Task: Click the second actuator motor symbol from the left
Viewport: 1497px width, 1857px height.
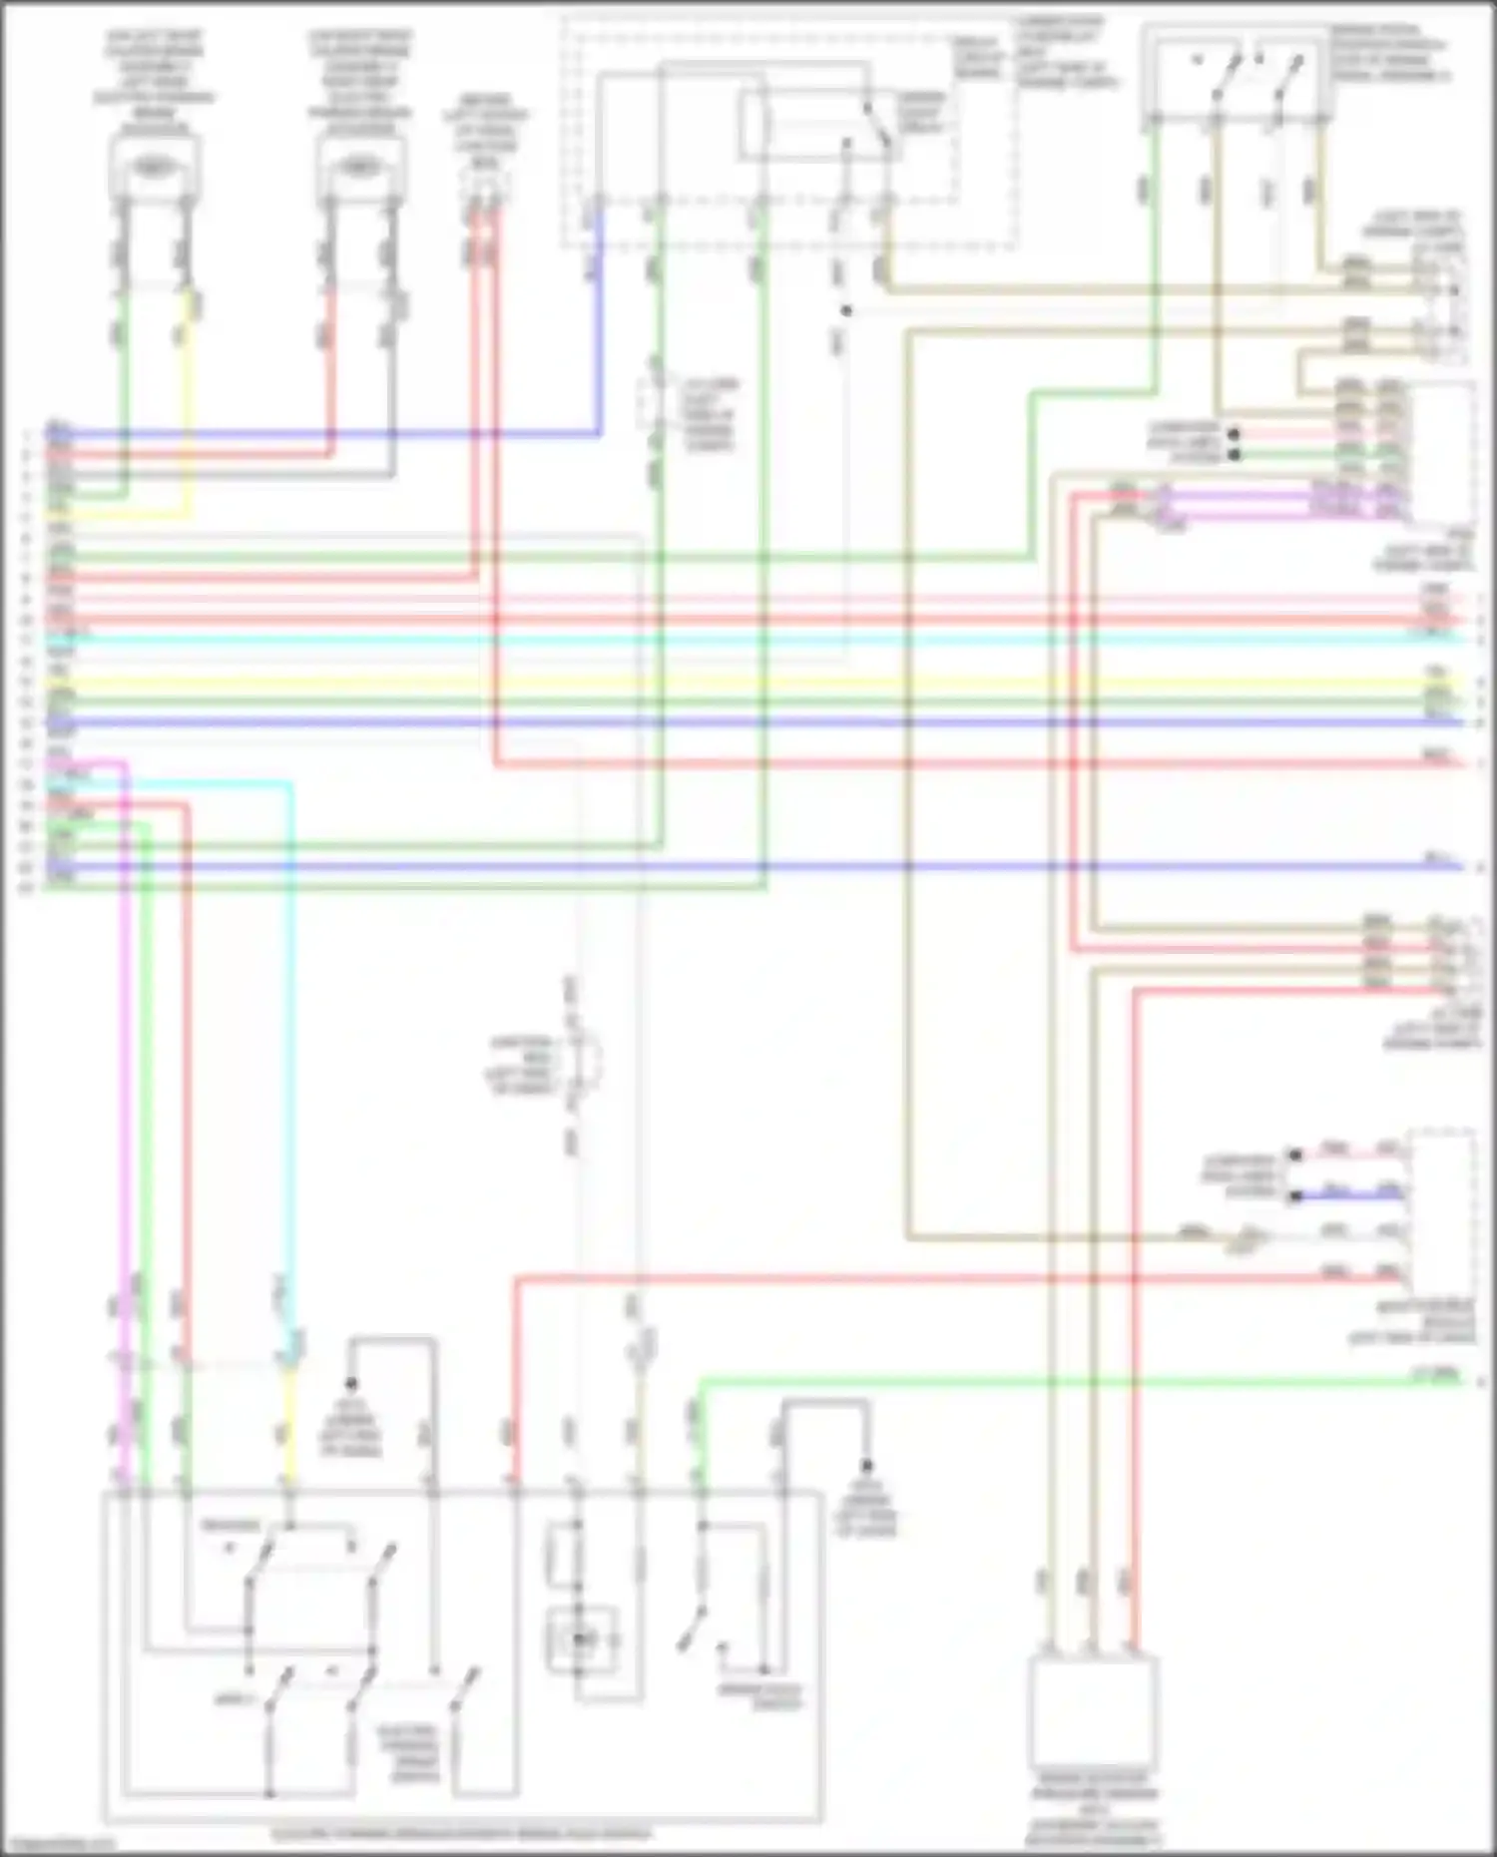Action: click(x=360, y=169)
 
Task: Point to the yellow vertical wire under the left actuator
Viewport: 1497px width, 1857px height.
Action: click(x=186, y=399)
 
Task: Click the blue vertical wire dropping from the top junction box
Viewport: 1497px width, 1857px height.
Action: click(x=599, y=329)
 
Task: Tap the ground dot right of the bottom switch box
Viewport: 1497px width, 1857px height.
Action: click(x=866, y=1466)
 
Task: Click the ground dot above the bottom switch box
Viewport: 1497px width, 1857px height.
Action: click(x=351, y=1384)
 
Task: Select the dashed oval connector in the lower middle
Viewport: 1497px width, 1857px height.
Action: click(x=584, y=1061)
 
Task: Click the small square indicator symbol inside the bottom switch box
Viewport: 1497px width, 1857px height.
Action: click(x=580, y=1639)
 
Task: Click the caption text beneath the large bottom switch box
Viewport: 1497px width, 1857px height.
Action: click(x=461, y=1834)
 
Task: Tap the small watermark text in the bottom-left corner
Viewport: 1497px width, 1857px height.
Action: click(x=60, y=1846)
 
